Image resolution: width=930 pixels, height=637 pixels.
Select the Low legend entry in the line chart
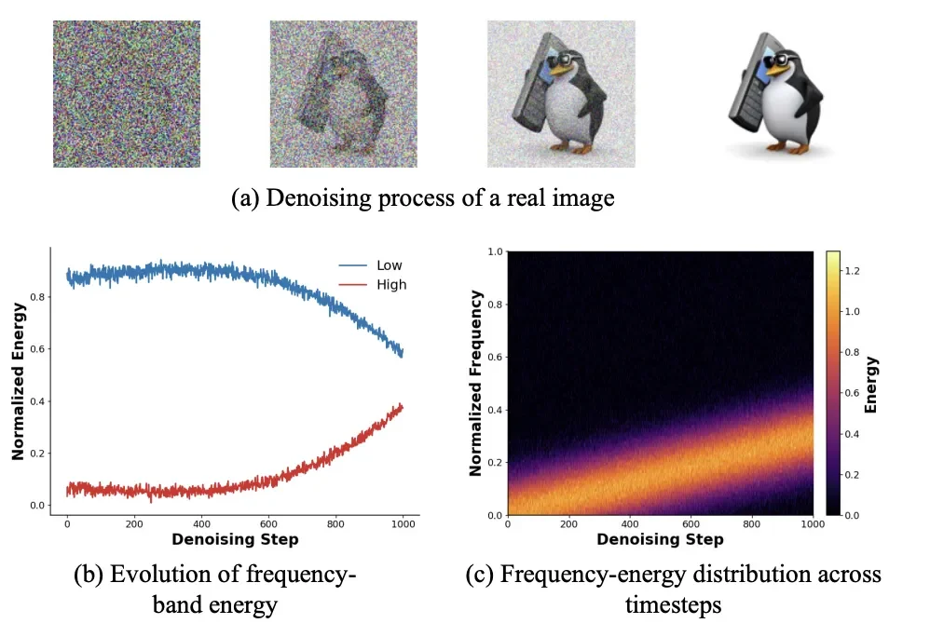pyautogui.click(x=390, y=265)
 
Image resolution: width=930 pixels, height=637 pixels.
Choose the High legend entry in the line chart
pyautogui.click(x=390, y=284)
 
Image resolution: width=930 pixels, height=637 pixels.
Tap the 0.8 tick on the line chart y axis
pyautogui.click(x=44, y=297)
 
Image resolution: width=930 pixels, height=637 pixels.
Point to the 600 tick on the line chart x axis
pyautogui.click(x=267, y=523)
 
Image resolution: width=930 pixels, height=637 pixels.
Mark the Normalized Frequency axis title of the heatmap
pyautogui.click(x=475, y=383)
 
